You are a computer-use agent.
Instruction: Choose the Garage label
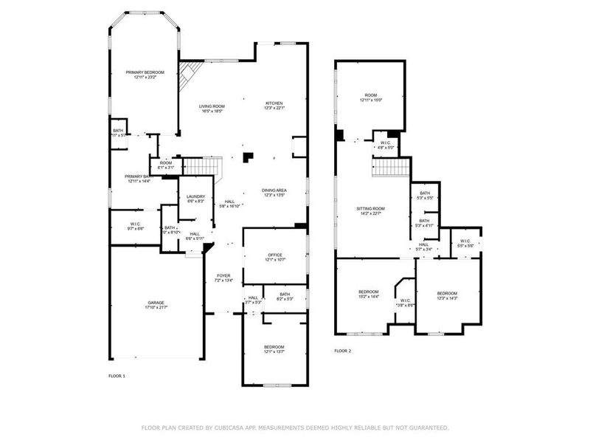[x=156, y=303]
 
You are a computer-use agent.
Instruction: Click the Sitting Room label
[x=372, y=210]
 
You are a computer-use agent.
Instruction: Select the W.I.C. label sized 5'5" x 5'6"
[x=465, y=242]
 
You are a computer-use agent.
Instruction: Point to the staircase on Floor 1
[x=201, y=168]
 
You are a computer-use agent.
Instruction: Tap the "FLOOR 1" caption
[x=117, y=377]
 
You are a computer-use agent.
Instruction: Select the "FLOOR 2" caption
[x=342, y=351]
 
